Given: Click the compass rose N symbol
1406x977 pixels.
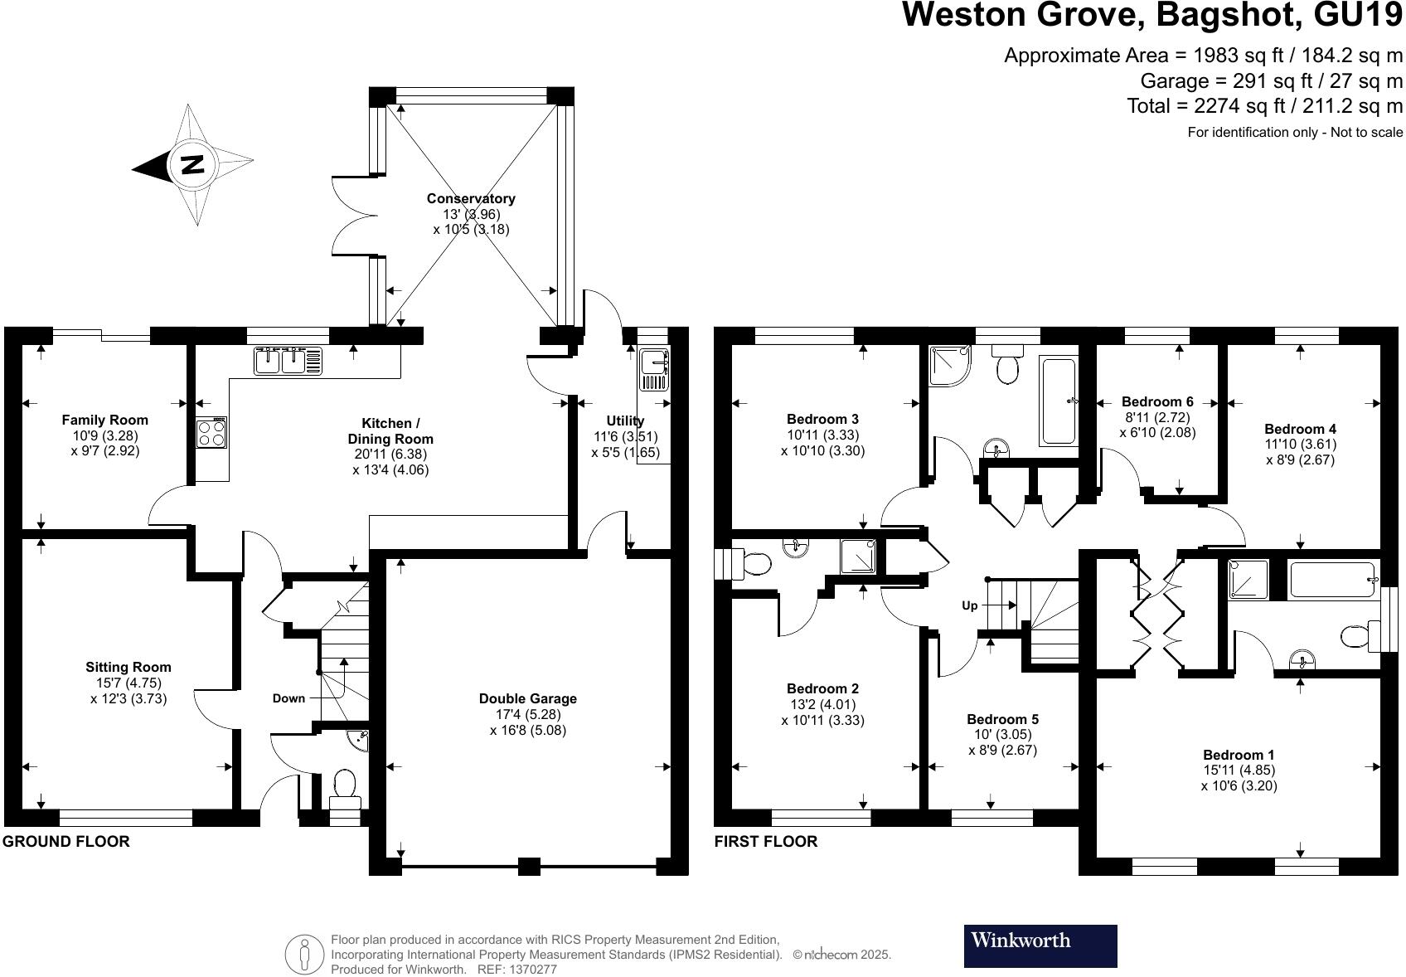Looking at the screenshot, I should [192, 164].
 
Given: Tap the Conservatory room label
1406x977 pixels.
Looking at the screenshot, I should [471, 198].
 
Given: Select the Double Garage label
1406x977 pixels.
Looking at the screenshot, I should [528, 698].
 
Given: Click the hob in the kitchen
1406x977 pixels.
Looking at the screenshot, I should [211, 433].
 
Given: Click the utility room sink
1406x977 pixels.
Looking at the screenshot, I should [654, 369].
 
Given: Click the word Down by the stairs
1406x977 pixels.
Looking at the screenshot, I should [288, 698].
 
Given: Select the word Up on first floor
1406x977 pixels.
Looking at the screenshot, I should [969, 605].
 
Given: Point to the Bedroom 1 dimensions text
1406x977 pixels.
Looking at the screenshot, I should [1239, 777].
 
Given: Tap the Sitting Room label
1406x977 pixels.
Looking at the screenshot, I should [128, 667].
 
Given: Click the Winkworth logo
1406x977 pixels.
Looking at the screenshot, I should [1040, 945].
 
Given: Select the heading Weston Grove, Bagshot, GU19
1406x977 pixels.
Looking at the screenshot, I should [1152, 15].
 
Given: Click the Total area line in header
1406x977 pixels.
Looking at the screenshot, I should [1264, 105].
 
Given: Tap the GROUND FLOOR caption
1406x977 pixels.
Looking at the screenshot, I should [66, 841].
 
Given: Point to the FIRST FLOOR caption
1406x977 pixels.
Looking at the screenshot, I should [765, 841].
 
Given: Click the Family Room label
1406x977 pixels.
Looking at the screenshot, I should [105, 420].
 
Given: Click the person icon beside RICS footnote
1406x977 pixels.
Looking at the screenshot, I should [304, 955].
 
